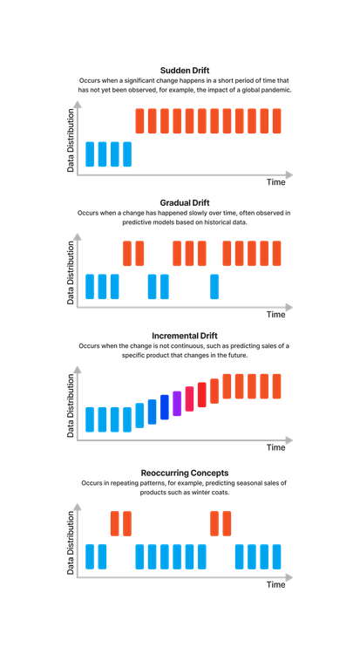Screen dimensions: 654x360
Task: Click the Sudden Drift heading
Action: point(183,71)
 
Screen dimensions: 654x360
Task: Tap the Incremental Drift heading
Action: point(183,336)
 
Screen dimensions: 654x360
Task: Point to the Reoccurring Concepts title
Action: point(183,473)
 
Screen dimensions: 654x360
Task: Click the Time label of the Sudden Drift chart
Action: point(275,183)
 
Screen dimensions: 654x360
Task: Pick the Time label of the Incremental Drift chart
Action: point(275,447)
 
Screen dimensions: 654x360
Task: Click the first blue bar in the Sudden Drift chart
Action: point(90,153)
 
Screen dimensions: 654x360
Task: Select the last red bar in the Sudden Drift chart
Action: point(278,120)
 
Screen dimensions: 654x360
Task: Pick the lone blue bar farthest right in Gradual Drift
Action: point(215,286)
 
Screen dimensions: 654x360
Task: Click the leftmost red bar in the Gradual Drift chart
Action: point(127,253)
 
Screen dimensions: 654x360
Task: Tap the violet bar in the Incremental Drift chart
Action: point(177,402)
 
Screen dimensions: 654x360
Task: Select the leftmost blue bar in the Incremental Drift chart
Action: point(90,419)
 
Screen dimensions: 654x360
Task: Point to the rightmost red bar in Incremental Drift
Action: point(278,386)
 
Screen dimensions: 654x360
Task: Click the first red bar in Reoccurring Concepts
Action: point(114,523)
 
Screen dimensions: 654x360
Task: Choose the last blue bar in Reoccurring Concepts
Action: point(278,556)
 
